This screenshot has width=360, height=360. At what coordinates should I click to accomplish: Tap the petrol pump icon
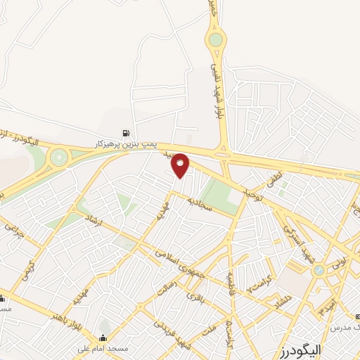tap(126, 132)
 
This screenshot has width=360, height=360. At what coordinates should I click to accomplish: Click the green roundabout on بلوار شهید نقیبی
tap(215, 39)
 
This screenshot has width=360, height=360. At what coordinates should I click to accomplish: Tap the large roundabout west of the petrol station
tap(59, 157)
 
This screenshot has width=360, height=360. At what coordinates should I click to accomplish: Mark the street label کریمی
tap(28, 267)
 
